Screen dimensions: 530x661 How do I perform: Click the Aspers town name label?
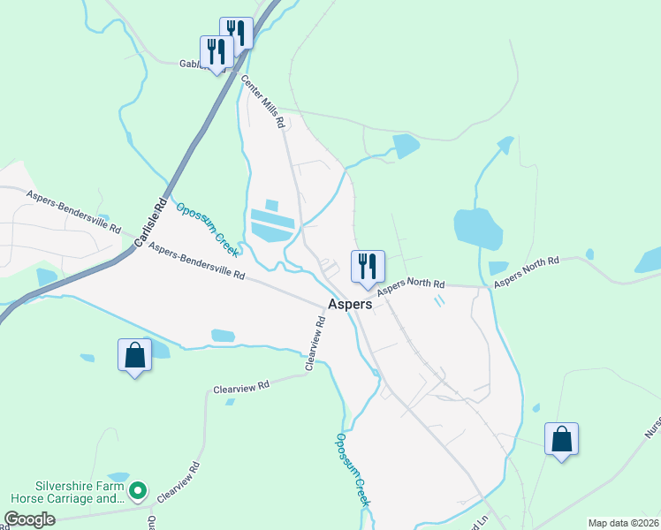coord(351,303)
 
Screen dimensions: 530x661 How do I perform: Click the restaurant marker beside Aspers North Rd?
coord(367,267)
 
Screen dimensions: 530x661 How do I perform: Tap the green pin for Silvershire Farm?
coord(137,489)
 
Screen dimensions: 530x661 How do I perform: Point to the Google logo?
coord(29,519)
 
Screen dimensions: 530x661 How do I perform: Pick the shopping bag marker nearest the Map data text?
coord(562,439)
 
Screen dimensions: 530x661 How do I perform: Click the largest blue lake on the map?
coord(478,229)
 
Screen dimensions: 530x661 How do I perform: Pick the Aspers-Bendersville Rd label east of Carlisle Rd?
coord(196,262)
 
